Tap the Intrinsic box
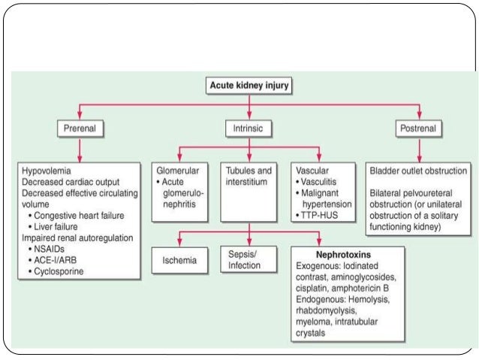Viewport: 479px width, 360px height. (248, 129)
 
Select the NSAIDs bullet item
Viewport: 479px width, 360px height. (53, 248)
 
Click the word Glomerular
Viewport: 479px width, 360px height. (181, 170)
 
